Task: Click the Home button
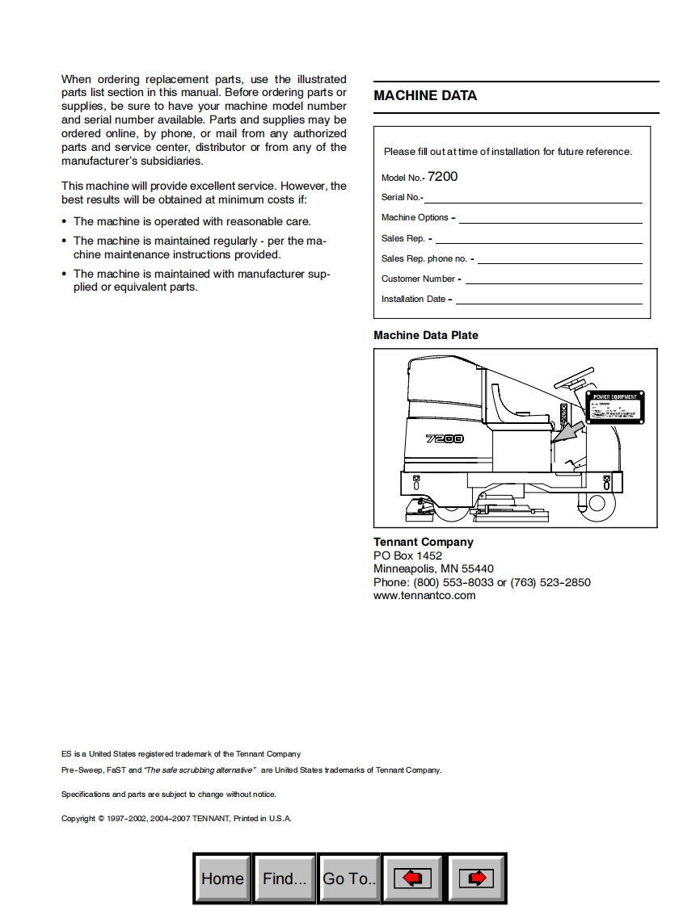pyautogui.click(x=222, y=879)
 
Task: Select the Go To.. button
pyautogui.click(x=349, y=879)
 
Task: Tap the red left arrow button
pyautogui.click(x=413, y=879)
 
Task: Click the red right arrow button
pyautogui.click(x=477, y=879)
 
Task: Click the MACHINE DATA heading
pyautogui.click(x=425, y=95)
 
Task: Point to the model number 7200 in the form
pyautogui.click(x=442, y=176)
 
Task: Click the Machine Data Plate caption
pyautogui.click(x=426, y=335)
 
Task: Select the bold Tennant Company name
pyautogui.click(x=424, y=542)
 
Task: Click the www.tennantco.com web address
pyautogui.click(x=424, y=595)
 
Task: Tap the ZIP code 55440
pyautogui.click(x=478, y=568)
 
